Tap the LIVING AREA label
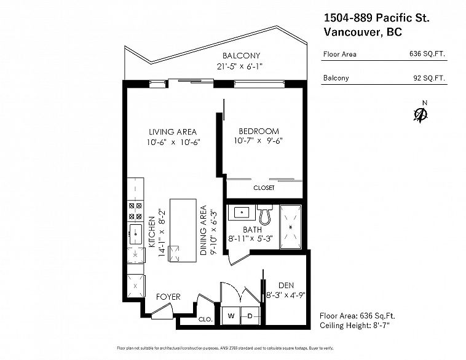[172, 131]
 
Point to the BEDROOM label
[258, 131]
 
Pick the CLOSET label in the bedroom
[264, 188]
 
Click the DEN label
[286, 285]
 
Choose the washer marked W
[231, 316]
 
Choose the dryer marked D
[250, 316]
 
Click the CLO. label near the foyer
[205, 319]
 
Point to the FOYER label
[168, 297]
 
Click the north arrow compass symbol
[421, 114]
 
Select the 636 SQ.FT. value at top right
[427, 54]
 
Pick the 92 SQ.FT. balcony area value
[429, 78]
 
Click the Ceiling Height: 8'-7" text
[355, 324]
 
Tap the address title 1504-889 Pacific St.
[376, 18]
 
